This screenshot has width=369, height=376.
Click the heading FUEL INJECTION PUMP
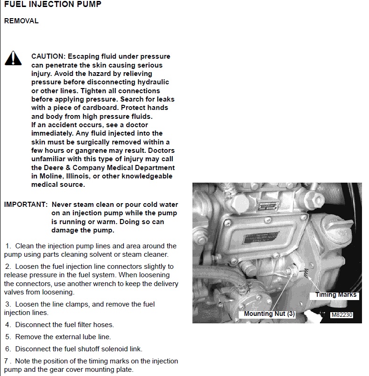pos(52,5)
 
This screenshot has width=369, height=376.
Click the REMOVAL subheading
pos(21,21)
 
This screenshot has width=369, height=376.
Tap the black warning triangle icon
pos(13,58)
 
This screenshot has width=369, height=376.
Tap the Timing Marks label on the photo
pos(335,294)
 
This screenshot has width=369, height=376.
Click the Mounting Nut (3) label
pos(270,314)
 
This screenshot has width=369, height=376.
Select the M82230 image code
pos(341,315)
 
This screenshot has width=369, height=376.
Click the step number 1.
pos(8,246)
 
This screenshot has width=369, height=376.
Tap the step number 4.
pos(8,325)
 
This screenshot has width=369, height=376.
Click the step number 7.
pos(7,361)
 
